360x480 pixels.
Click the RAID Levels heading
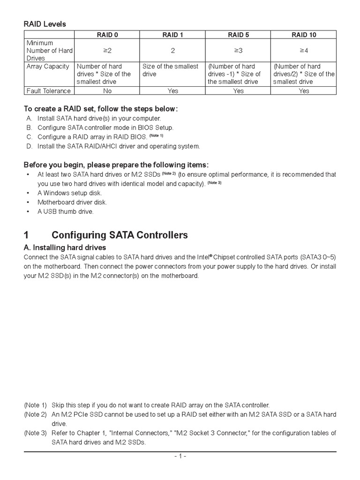tap(45, 24)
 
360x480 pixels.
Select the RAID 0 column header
tap(107, 35)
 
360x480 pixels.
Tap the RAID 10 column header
tap(304, 35)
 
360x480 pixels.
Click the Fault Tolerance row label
tap(48, 91)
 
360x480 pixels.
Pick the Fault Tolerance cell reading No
tap(107, 91)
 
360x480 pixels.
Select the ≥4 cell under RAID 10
tap(304, 50)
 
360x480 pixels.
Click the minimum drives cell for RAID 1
tap(172, 50)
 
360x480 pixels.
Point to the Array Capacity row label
tap(48, 67)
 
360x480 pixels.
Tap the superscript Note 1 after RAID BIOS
tap(156, 135)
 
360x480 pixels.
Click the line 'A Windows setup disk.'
tap(69, 193)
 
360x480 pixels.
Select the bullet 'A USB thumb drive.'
tap(66, 212)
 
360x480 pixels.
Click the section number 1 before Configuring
tap(26, 235)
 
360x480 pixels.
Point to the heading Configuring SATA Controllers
tap(120, 235)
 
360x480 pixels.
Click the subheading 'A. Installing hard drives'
tap(65, 247)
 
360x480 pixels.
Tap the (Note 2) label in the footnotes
tap(36, 414)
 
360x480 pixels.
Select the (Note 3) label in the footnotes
tap(36, 433)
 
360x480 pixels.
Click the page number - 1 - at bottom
tap(180, 456)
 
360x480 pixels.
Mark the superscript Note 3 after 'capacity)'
tap(214, 183)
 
